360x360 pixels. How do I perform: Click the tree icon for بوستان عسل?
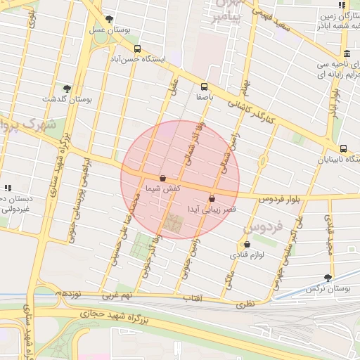[108, 19]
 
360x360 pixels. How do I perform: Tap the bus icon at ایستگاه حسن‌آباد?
[136, 49]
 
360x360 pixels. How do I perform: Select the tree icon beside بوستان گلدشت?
[67, 89]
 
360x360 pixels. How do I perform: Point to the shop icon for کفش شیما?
[163, 179]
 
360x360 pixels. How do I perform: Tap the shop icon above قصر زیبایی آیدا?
[212, 199]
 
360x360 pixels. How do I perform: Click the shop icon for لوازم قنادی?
[246, 245]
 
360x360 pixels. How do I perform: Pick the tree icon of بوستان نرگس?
[328, 278]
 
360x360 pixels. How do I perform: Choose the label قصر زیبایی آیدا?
[211, 210]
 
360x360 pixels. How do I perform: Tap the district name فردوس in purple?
[264, 227]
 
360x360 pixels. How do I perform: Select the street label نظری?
[243, 304]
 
